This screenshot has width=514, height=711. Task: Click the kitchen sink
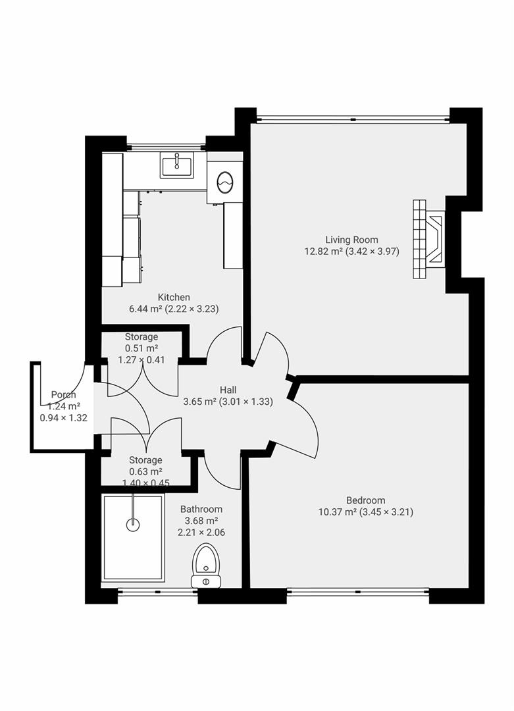(x=176, y=165)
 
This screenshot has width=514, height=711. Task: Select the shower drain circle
(x=134, y=525)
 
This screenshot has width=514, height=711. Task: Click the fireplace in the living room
(x=428, y=240)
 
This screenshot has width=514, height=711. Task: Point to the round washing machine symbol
(x=224, y=181)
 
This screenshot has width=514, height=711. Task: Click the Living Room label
(x=351, y=240)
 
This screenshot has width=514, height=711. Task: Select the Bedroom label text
(x=365, y=500)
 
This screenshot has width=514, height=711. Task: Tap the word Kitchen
(x=174, y=298)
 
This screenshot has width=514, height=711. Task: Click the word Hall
(x=228, y=390)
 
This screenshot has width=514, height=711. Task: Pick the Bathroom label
(x=201, y=509)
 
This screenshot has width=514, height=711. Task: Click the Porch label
(x=64, y=395)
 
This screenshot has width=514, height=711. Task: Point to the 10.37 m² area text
(x=336, y=512)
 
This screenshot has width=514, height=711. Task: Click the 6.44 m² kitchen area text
(x=148, y=309)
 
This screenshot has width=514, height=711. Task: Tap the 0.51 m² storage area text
(x=141, y=348)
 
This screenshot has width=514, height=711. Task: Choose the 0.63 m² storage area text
(x=145, y=471)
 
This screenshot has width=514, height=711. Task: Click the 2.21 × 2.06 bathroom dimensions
(x=201, y=533)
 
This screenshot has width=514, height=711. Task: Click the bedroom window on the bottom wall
(x=358, y=591)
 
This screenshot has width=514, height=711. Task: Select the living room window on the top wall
(x=353, y=120)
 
